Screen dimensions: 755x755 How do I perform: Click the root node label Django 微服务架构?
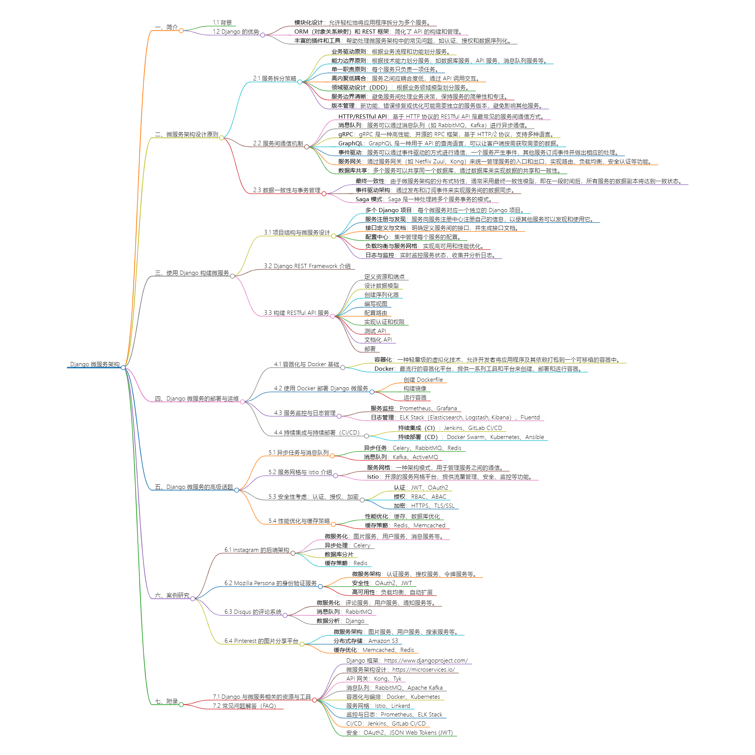95,364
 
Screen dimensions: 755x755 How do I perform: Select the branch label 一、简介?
166,27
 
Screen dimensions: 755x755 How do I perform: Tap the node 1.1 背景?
222,23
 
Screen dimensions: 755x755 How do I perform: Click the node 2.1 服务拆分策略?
274,79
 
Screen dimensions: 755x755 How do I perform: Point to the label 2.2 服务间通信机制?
278,143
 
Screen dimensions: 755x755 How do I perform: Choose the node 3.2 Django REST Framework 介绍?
307,266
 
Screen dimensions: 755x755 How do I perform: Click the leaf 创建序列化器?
381,295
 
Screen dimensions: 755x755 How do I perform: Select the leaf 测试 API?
375,331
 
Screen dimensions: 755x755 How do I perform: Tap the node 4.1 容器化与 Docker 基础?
307,364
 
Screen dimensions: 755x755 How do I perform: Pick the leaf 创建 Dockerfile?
423,380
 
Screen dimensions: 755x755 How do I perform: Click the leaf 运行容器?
414,398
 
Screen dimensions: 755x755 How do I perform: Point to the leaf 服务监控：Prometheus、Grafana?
413,408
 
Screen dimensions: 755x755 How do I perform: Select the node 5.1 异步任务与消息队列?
298,453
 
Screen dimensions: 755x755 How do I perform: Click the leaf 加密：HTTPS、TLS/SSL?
424,506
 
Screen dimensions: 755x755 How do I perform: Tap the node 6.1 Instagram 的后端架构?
256,550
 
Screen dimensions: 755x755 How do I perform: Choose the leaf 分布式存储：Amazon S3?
365,641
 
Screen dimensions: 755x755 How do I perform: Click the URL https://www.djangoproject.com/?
425,660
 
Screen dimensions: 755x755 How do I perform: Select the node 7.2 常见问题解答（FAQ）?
244,706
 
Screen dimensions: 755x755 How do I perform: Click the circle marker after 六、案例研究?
193,599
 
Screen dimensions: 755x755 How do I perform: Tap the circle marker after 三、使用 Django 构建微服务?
233,276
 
